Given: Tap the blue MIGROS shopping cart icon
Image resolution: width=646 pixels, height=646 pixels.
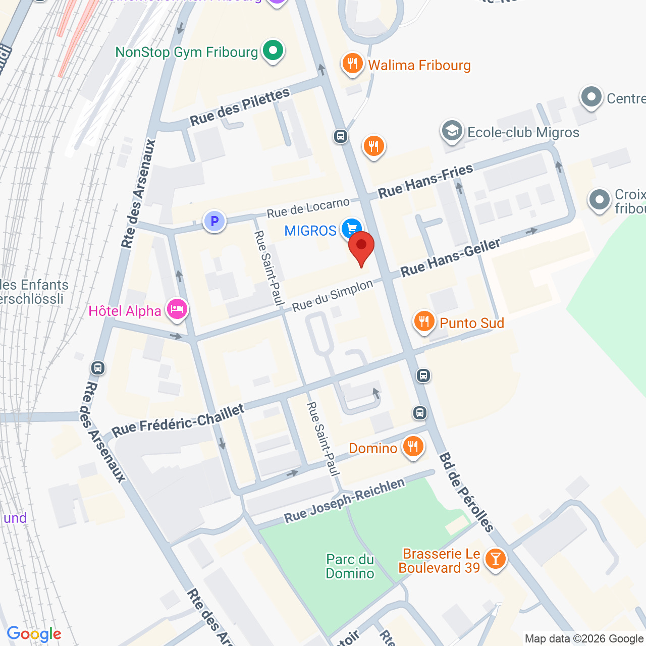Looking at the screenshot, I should point(351,229).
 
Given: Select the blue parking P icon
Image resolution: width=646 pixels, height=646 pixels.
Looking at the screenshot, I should point(214,221).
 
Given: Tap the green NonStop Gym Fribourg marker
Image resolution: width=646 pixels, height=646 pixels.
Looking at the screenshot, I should point(273,51).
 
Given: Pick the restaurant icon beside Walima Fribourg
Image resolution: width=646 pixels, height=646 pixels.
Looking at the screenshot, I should point(352,64).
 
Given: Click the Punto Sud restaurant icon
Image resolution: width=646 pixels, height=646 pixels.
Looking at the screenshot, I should point(424,321).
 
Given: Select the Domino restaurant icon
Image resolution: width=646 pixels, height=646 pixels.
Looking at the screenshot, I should point(413,447).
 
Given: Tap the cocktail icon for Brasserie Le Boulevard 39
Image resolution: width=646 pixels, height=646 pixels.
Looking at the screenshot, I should point(495,559).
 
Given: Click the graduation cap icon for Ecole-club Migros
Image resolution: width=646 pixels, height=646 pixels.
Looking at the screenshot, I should point(452,131).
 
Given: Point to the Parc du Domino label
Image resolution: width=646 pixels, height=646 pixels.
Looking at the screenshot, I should point(350,566).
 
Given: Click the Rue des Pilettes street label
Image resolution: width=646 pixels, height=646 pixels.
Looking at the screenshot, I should point(240,106).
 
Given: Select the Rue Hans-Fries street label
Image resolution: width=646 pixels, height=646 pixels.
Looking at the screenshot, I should point(425,181).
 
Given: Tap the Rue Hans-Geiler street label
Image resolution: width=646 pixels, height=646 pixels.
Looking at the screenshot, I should point(450,257).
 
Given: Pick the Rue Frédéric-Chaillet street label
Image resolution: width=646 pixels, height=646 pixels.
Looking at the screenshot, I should point(178,420).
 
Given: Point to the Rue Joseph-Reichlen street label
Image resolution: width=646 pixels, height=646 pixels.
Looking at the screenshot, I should point(344,500).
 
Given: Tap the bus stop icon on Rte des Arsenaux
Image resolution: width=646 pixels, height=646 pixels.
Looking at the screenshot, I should point(98,368).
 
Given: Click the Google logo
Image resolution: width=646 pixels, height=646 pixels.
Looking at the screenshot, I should point(34,634).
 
